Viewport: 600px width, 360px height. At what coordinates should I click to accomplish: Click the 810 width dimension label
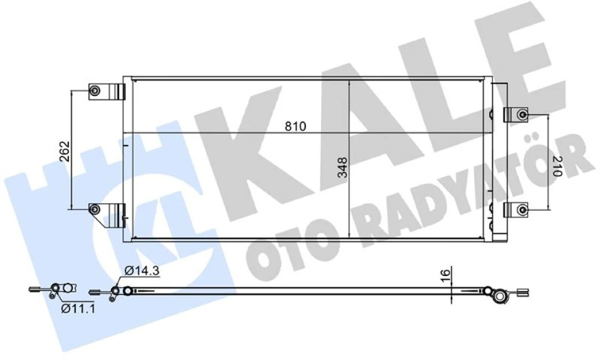(x=294, y=126)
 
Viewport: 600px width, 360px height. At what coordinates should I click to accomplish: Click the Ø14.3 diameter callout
(x=140, y=272)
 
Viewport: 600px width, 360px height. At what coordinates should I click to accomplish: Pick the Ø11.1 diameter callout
(x=78, y=309)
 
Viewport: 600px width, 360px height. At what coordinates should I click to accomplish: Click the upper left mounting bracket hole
(x=95, y=91)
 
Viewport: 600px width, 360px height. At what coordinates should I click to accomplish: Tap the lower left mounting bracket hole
(x=95, y=210)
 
